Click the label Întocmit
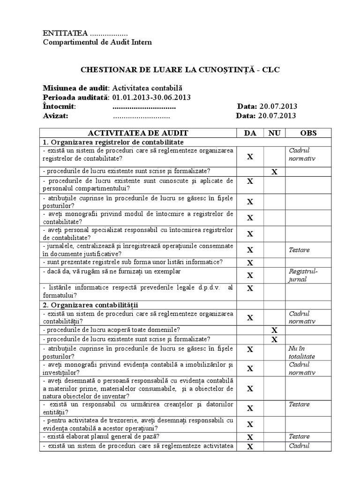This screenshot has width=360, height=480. coord(59,106)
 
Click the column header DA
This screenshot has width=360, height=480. coord(250,133)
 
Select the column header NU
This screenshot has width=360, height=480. coord(274,133)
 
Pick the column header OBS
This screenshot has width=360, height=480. coord(308,133)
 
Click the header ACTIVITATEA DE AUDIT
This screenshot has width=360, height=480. coord(141,133)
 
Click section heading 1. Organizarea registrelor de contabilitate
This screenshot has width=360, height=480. coord(113,142)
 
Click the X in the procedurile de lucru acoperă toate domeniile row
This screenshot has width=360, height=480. coord(275,330)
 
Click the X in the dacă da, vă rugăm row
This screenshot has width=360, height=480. coord(250,275)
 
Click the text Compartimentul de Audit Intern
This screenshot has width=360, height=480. coord(97,42)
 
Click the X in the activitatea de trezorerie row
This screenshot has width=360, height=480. coord(250,424)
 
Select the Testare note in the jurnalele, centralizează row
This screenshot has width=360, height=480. coord(300,250)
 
